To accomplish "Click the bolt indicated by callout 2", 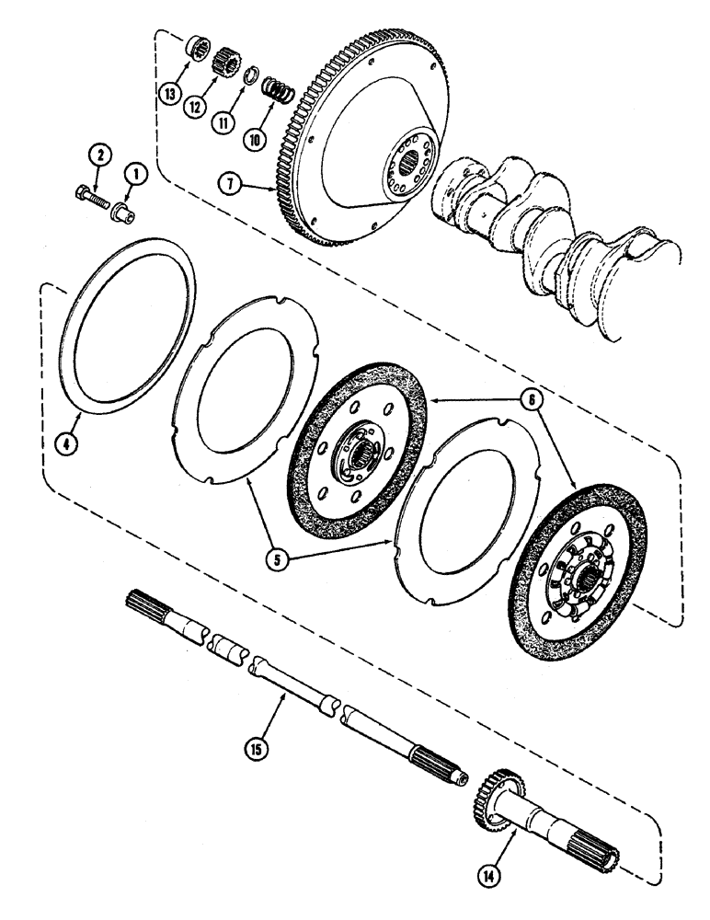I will (x=89, y=194).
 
